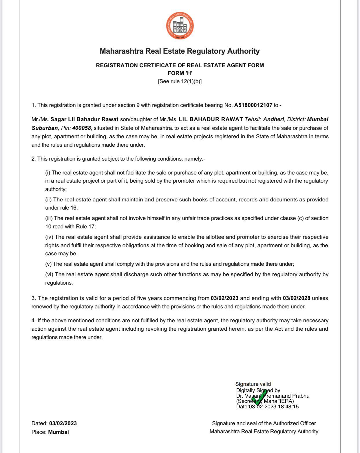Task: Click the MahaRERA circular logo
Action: pos(180,26)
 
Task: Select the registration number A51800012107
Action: pos(253,105)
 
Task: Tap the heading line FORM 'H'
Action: pos(180,73)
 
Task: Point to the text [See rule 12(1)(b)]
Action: pos(180,81)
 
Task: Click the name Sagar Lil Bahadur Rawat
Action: pos(85,119)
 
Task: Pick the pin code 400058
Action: pos(81,128)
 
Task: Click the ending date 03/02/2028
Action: pos(297,298)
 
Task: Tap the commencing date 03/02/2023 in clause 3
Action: pos(224,298)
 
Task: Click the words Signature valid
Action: pos(253,384)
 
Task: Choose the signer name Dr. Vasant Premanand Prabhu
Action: pos(273,396)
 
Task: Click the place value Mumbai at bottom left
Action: pos(59,432)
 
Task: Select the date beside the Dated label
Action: pos(63,423)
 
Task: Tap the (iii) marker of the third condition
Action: pos(49,218)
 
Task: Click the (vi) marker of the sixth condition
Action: pos(49,274)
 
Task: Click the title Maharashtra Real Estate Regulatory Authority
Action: pos(180,51)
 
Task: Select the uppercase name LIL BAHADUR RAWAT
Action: pos(211,119)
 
